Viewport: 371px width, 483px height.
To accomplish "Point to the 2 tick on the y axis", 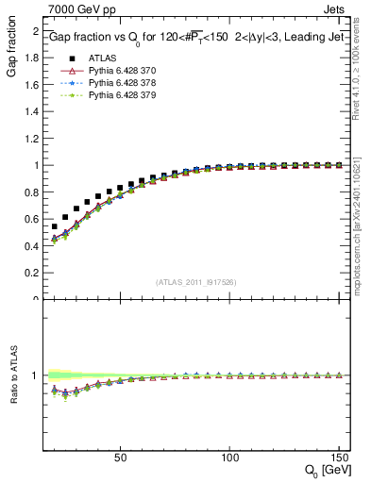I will click(x=34, y=31).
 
